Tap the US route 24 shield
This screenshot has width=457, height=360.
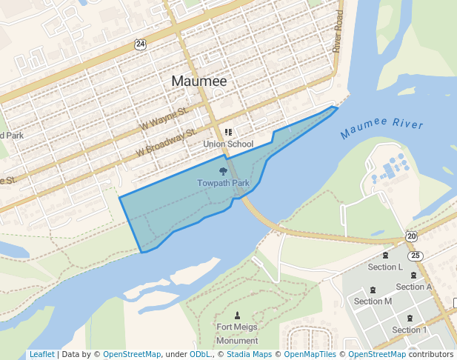click(141, 44)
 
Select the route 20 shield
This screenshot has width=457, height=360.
click(411, 236)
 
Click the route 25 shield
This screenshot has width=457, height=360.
click(416, 256)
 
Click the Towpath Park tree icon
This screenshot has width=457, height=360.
click(223, 172)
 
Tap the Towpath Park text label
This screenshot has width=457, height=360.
click(223, 183)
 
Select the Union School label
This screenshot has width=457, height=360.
click(228, 144)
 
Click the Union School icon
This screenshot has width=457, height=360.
click(228, 133)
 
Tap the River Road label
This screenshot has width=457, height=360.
click(337, 31)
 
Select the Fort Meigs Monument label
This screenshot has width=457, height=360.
click(237, 333)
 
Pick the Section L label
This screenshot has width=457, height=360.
click(385, 267)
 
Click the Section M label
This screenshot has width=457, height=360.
click(373, 301)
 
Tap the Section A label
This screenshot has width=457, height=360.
click(414, 287)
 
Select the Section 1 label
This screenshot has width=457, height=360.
click(410, 330)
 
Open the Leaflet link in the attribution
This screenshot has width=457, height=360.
click(41, 355)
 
